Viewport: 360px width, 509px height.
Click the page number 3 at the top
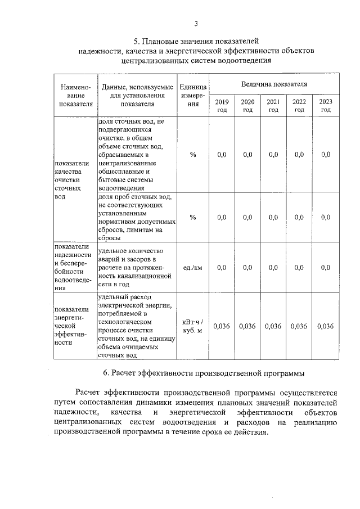(196, 23)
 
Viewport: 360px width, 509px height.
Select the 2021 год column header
(273, 105)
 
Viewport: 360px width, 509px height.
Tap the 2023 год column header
(325, 105)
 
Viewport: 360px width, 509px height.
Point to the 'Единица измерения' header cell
(192, 95)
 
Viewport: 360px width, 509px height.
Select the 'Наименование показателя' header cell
(75, 95)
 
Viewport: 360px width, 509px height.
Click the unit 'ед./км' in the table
(192, 268)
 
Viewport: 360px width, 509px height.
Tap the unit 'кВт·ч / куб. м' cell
(192, 326)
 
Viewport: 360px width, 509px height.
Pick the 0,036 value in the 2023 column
(325, 326)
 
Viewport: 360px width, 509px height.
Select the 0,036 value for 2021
(273, 326)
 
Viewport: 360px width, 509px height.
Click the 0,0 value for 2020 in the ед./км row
(247, 268)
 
